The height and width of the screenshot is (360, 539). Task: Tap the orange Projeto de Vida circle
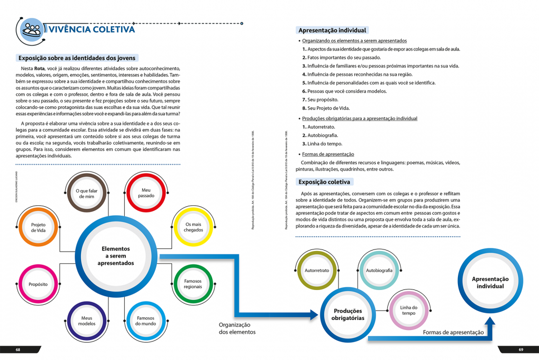coord(38,227)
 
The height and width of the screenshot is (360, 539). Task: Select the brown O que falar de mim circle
coord(88,193)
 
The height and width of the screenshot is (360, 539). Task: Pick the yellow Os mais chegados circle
coord(193,226)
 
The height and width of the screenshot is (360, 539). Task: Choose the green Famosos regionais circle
coord(193,284)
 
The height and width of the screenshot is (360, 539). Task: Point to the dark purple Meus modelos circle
coord(87,321)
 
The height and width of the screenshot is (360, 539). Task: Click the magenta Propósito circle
coord(38,284)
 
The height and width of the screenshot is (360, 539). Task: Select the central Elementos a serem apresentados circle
coord(115,255)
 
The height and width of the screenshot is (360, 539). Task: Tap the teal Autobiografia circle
coord(379,270)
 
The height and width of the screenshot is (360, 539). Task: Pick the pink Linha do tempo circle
coord(408,310)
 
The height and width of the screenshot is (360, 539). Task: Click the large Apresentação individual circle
coord(490,282)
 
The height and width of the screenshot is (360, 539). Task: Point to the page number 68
coord(18,349)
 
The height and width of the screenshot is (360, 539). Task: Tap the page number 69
coord(521,349)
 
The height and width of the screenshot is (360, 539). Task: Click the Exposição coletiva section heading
coord(324,182)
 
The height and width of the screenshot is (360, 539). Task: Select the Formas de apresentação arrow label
coord(453,332)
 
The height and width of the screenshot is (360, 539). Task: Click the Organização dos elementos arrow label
coord(237,328)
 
